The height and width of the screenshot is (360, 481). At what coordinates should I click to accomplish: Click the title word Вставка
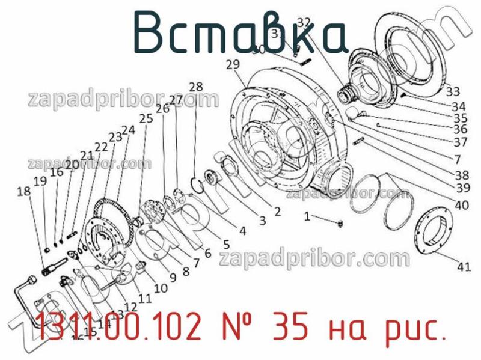[240, 31]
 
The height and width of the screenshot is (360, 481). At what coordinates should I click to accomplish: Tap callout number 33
[453, 92]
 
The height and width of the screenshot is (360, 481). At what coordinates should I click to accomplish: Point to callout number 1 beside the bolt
[307, 216]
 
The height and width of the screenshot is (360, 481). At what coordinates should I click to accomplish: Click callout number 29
[234, 64]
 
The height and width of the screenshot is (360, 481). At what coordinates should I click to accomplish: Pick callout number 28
[196, 86]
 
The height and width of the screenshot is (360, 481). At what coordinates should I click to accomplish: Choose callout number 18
[23, 192]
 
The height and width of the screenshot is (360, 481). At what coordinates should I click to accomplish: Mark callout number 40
[462, 205]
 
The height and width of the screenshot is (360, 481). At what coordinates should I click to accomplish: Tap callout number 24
[128, 129]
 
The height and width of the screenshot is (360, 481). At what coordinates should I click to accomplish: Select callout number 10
[161, 288]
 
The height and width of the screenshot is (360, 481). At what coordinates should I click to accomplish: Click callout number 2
[277, 211]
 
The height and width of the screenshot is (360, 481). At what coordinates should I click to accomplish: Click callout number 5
[226, 244]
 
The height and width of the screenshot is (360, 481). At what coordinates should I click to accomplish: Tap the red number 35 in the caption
[292, 328]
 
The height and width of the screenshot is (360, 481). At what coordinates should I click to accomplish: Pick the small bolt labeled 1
[341, 224]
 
